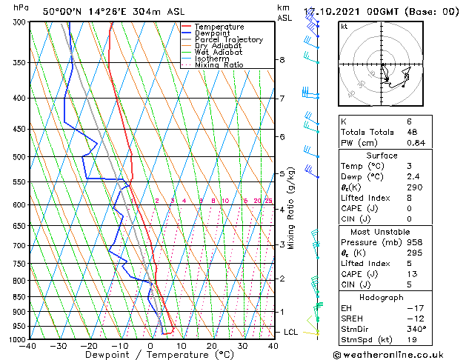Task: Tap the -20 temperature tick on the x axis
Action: coord(89,345)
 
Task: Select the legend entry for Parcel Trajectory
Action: coord(228,40)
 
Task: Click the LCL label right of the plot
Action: coord(290,332)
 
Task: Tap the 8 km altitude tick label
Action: coord(282,59)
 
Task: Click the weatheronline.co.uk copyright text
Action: coord(397,353)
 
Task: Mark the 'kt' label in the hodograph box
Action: coord(344,26)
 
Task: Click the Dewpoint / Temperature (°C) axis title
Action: coord(151,355)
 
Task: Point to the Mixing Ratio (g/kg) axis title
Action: coord(291,208)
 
